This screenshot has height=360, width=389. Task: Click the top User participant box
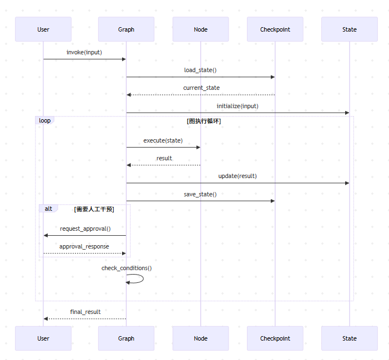(43, 29)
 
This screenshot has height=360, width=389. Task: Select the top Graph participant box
(126, 29)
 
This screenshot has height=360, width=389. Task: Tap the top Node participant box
(200, 29)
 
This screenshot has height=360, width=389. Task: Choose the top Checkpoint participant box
(275, 29)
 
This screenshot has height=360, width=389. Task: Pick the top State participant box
(349, 29)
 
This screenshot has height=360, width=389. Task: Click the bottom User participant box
(43, 338)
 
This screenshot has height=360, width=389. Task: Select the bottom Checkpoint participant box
(275, 338)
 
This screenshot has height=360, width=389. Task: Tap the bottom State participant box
(349, 338)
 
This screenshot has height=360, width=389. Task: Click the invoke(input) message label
(84, 52)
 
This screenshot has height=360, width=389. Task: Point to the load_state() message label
(200, 70)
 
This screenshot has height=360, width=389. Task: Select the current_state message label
(201, 88)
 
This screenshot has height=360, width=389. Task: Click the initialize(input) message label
(238, 105)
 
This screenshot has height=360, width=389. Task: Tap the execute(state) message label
(163, 140)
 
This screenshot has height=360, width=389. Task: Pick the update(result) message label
(238, 176)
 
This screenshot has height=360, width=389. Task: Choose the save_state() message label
(200, 194)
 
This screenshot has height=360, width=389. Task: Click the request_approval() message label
(85, 229)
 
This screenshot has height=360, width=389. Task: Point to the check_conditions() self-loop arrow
(139, 278)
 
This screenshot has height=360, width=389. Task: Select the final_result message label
(85, 312)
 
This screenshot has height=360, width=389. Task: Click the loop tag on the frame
(45, 120)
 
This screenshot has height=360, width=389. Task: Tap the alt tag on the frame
(49, 209)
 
